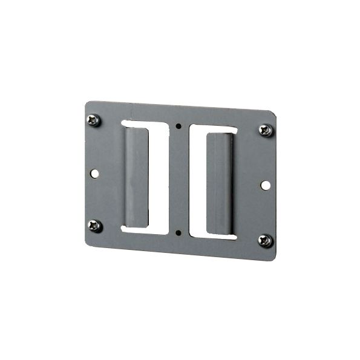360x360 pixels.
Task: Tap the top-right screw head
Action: (265, 130)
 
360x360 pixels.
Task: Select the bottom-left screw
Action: (94, 226)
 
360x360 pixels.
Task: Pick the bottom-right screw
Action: (265, 240)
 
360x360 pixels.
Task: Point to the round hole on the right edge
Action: (266, 184)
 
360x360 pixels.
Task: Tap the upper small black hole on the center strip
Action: (178, 126)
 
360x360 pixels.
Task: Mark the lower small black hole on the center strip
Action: (178, 232)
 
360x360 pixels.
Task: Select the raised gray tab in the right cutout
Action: (218, 184)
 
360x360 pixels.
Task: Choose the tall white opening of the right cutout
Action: (197, 182)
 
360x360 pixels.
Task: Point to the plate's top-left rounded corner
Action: (87, 103)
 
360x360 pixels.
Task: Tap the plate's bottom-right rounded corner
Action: (273, 257)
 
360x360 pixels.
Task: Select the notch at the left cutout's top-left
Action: (125, 123)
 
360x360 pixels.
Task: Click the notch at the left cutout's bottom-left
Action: (125, 229)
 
